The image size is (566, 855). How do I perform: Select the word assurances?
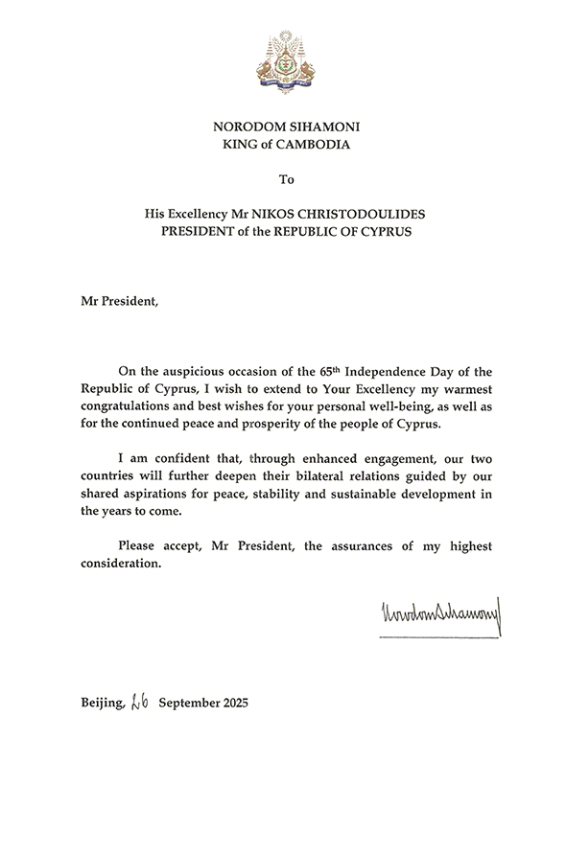pos(351,545)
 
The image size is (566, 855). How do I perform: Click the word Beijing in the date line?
pos(102,704)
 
